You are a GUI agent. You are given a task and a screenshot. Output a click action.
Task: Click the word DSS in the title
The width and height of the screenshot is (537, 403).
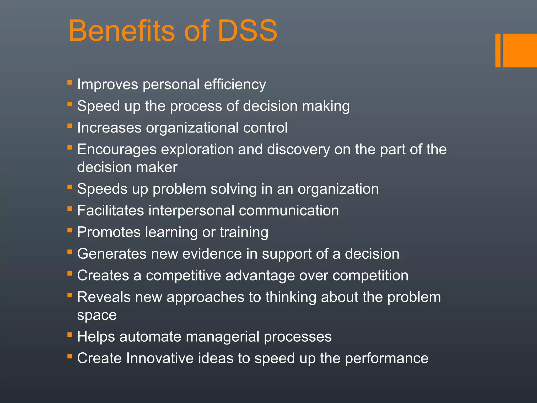point(247,31)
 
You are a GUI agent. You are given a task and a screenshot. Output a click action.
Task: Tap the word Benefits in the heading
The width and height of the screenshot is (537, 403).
point(121,31)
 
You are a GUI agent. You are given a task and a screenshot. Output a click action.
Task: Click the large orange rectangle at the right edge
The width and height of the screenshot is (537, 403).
point(520,50)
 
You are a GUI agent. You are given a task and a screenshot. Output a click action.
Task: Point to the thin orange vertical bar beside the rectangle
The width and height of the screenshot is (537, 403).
point(498,50)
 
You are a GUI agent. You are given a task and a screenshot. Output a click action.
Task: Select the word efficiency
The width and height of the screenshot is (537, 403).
point(235,84)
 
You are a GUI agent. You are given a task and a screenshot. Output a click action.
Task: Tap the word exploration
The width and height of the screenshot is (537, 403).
point(197,149)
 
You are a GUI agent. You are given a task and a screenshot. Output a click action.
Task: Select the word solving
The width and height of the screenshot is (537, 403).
point(234,189)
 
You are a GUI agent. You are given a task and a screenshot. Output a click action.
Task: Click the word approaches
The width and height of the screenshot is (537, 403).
point(205,297)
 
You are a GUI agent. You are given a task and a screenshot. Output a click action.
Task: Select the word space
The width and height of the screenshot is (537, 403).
point(97,315)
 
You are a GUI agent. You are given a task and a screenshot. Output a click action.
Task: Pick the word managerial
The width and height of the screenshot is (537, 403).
point(222,337)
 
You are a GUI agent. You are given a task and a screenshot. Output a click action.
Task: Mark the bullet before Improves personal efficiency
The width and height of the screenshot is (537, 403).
point(69,83)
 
